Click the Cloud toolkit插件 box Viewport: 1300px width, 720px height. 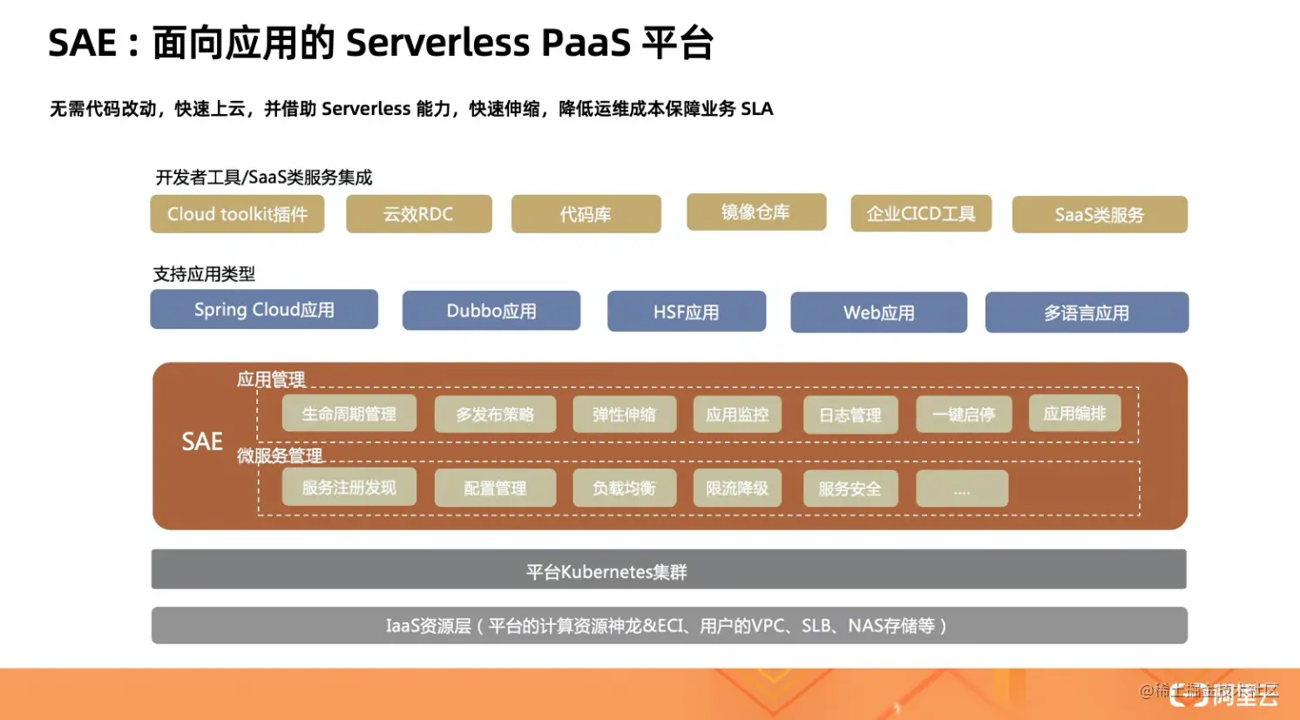click(237, 214)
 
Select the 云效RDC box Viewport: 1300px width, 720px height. click(418, 214)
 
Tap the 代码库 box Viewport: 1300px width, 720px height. click(586, 214)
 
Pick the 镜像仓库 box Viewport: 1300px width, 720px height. click(755, 212)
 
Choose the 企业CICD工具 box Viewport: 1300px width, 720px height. click(921, 213)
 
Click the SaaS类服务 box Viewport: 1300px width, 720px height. click(1099, 214)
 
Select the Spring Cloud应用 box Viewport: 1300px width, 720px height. click(264, 310)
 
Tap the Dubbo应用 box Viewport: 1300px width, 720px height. click(491, 311)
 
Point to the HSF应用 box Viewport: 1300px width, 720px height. click(687, 312)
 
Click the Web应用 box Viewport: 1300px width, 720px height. click(878, 313)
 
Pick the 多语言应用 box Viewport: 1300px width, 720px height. click(1087, 313)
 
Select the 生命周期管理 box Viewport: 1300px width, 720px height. click(349, 414)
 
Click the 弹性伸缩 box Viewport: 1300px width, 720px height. click(624, 414)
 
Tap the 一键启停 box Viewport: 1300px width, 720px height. click(963, 414)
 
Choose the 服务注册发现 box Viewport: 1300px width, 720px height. click(349, 488)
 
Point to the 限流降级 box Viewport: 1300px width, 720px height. click(736, 488)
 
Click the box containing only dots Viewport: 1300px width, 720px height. click(962, 489)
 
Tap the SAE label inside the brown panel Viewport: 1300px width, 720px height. click(202, 441)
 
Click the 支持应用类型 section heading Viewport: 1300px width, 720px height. click(204, 274)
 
